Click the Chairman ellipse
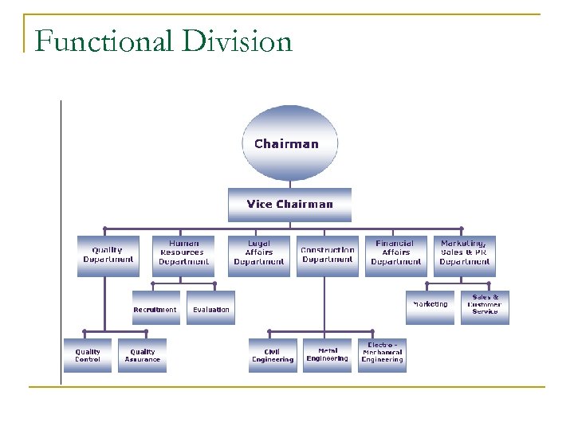[289, 144]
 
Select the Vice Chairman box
[289, 205]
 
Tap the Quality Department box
[108, 256]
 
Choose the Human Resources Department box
[183, 256]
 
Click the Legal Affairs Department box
[259, 256]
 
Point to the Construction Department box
[327, 256]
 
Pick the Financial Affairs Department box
[395, 256]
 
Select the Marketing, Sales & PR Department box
[464, 256]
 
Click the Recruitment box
[155, 308]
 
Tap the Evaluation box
[211, 308]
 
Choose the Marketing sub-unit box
[430, 307]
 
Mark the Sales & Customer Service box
[485, 307]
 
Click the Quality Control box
[88, 355]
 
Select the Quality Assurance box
[143, 355]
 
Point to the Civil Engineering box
[273, 355]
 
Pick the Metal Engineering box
[327, 355]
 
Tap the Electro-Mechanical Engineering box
[383, 355]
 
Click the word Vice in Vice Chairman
[260, 205]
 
